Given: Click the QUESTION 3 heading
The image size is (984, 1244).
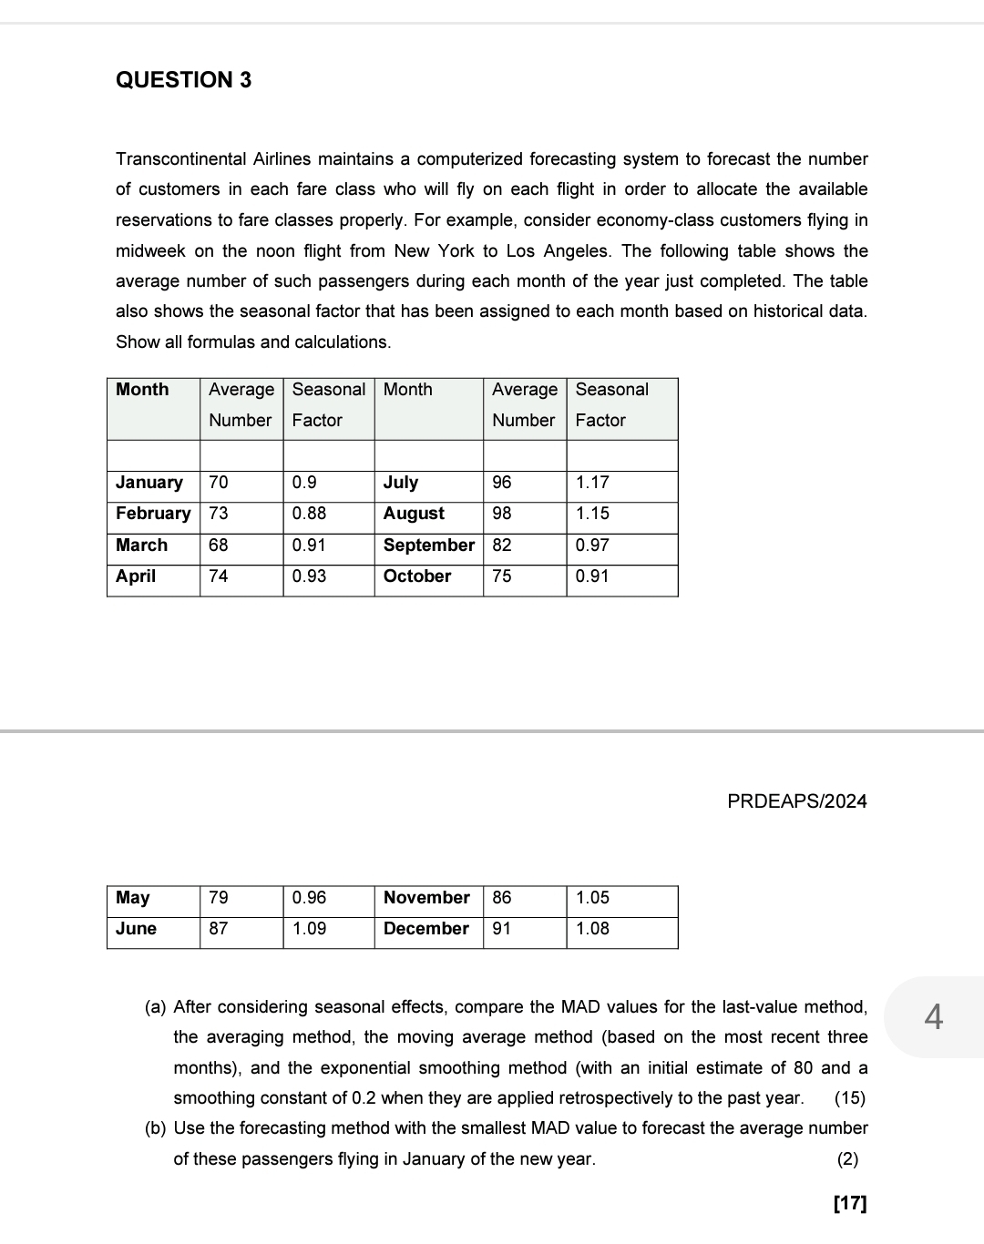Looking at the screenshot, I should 183,80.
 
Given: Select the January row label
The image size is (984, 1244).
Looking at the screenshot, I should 149,483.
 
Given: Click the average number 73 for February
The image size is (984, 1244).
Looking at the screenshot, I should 219,514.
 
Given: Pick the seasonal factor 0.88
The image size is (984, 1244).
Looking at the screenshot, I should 309,514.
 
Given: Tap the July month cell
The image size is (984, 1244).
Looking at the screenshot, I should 401,483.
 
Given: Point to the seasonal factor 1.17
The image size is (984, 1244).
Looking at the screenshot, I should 592,483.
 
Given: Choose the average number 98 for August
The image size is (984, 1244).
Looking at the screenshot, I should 502,514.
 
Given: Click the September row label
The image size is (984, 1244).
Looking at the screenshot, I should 428,546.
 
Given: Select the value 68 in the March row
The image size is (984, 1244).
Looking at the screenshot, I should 219,546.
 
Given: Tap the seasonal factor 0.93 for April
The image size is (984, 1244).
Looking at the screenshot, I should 309,576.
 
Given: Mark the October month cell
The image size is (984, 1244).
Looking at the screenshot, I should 417,576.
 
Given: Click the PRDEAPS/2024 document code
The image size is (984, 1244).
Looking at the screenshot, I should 797,801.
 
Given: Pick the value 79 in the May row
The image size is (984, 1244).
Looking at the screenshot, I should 219,898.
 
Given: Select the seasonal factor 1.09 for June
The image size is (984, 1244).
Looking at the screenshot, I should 309,929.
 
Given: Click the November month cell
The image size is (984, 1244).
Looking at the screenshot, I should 426,898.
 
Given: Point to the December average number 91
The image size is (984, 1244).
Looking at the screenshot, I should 502,929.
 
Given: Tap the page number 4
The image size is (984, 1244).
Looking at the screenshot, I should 933,1015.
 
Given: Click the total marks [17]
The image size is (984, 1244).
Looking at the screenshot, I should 850,1204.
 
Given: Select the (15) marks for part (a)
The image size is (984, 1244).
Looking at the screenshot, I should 850,1098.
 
